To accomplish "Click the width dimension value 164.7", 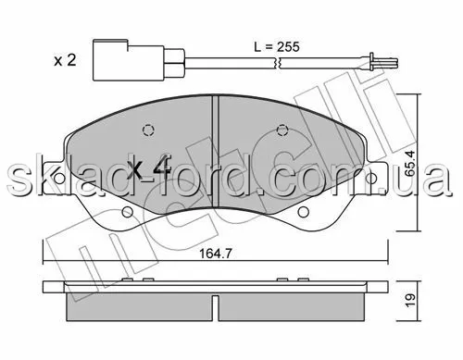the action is pyautogui.click(x=215, y=254).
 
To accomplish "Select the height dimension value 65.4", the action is pyautogui.click(x=411, y=163).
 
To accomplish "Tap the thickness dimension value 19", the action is pyautogui.click(x=411, y=301).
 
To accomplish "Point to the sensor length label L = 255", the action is pyautogui.click(x=277, y=47).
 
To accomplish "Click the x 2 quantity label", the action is pyautogui.click(x=65, y=60).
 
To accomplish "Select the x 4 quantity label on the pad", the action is pyautogui.click(x=149, y=168).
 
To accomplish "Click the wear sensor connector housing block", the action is pyautogui.click(x=129, y=60).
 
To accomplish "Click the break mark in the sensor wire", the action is pyautogui.click(x=277, y=63).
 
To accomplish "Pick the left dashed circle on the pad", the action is pyautogui.click(x=149, y=130).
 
